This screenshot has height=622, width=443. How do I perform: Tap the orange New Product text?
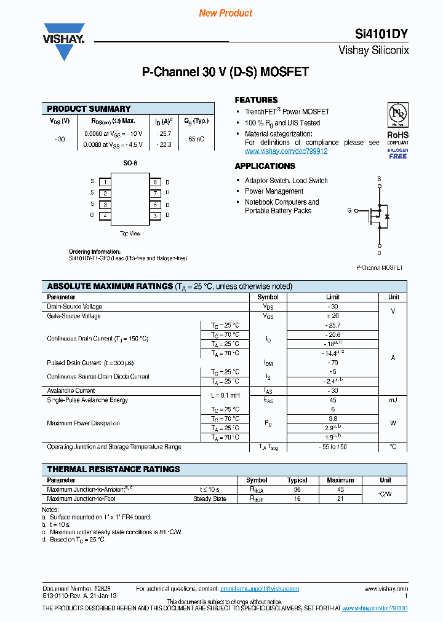[x=225, y=13]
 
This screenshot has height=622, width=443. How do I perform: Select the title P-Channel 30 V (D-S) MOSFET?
[x=225, y=73]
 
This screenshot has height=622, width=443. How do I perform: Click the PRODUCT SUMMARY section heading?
[x=89, y=109]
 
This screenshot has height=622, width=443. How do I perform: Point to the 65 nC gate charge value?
[x=196, y=139]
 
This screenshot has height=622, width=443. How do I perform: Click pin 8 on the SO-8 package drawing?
[x=156, y=182]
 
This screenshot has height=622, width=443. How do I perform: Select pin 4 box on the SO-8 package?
[x=106, y=215]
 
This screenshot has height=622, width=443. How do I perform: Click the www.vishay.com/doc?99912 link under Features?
[x=285, y=151]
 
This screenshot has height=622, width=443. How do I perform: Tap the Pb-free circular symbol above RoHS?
[x=397, y=114]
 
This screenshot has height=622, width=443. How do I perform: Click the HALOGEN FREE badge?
[x=397, y=153]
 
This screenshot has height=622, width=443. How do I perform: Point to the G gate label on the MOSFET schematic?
[x=349, y=210]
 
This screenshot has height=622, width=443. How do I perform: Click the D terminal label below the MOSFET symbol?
[x=379, y=252]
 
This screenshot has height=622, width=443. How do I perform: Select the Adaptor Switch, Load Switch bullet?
[x=286, y=181]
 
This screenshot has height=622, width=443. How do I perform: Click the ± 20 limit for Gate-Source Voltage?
[x=333, y=316]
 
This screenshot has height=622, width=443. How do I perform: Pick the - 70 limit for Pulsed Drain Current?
[x=333, y=363]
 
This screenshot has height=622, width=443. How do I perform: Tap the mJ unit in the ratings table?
[x=393, y=400]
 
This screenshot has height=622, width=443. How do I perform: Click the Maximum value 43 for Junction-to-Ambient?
[x=340, y=489]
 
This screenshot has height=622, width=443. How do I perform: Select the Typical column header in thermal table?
[x=297, y=480]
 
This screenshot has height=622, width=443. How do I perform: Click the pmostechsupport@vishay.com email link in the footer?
[x=259, y=589]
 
